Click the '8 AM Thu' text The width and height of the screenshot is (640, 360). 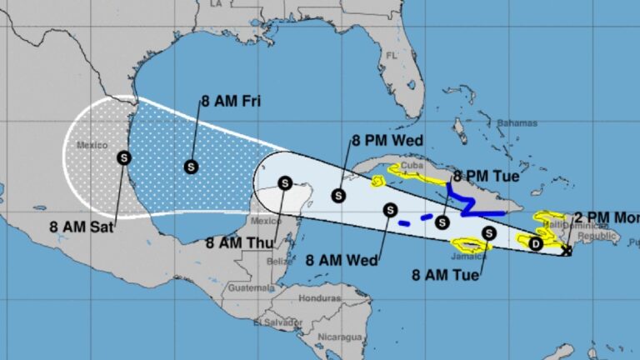pyautogui.click(x=235, y=243)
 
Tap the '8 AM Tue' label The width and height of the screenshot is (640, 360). pyautogui.click(x=446, y=274)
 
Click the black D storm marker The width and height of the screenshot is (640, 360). pyautogui.click(x=536, y=243)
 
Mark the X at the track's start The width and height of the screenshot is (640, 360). pyautogui.click(x=567, y=251)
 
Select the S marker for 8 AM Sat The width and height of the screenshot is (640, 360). pyautogui.click(x=124, y=156)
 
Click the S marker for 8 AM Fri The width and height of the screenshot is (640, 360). pyautogui.click(x=191, y=167)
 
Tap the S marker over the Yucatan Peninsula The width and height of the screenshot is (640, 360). pyautogui.click(x=285, y=183)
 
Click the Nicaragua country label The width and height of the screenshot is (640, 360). pyautogui.click(x=342, y=337)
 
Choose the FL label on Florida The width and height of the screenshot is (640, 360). pyautogui.click(x=392, y=56)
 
